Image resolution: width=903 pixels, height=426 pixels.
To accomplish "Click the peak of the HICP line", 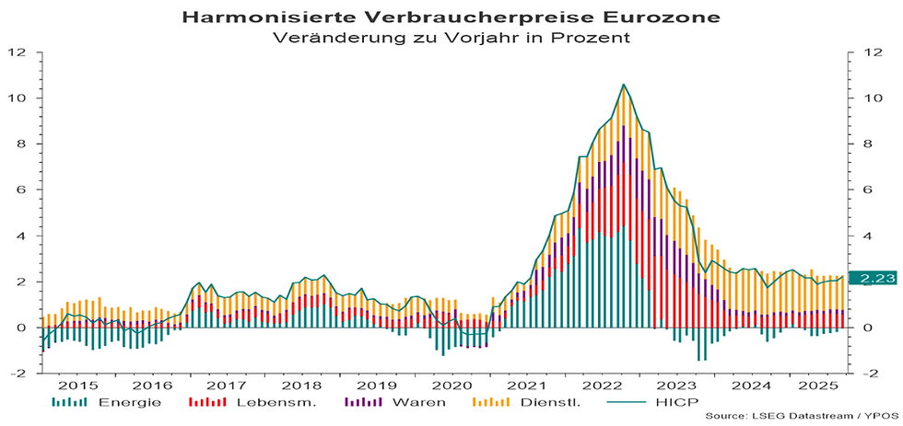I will pos(624,85).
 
